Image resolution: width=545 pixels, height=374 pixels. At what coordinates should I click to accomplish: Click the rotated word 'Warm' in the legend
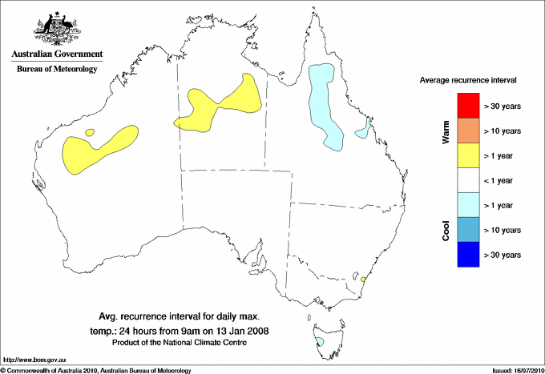tap(446, 131)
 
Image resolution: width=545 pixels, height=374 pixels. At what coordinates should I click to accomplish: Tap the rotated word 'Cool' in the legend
tap(446, 229)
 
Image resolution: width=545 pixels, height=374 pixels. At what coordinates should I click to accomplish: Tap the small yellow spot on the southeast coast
tap(364, 279)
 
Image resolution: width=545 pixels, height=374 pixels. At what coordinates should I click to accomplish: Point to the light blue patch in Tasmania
tap(321, 342)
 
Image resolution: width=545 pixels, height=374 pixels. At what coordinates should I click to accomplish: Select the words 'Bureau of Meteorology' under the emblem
tap(57, 70)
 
